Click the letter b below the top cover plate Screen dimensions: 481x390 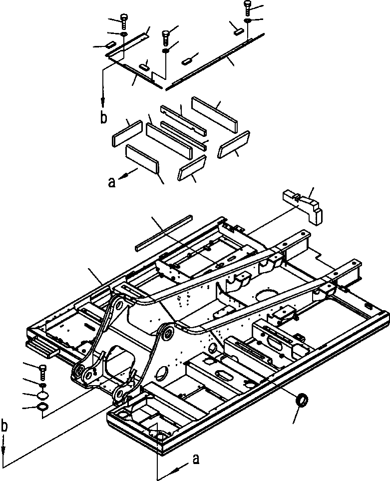tap(103, 118)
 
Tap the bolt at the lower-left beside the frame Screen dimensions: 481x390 tap(42, 372)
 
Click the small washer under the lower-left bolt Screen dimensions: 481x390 tap(43, 386)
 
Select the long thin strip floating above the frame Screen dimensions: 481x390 tap(163, 232)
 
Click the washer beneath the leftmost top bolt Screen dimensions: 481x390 tap(124, 34)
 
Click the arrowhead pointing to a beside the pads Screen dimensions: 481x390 tap(123, 176)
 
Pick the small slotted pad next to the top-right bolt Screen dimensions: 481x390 tap(238, 30)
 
